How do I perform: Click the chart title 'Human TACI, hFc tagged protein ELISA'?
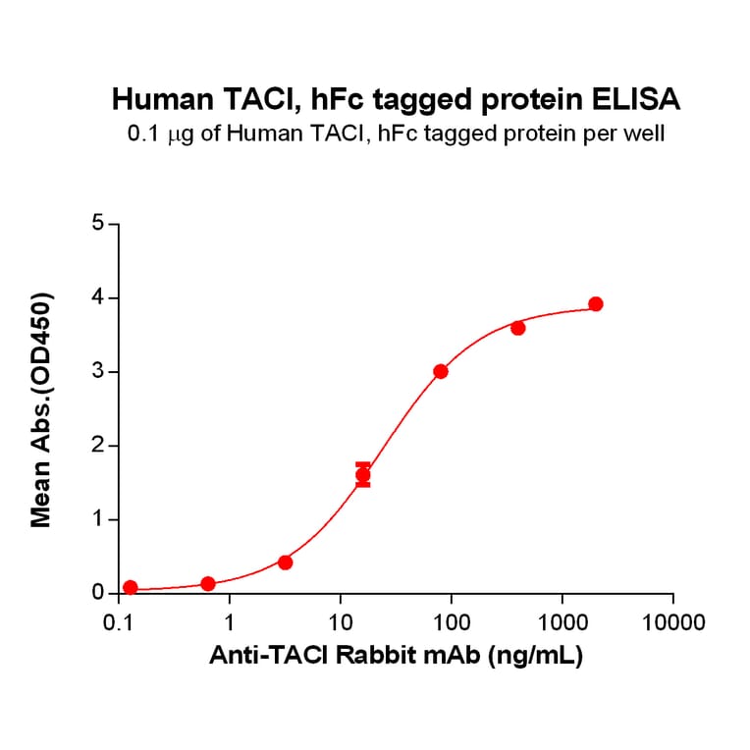point(396,99)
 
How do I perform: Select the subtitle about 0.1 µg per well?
point(396,134)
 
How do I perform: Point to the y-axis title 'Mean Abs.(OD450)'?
point(41,408)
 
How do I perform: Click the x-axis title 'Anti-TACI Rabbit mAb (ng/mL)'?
point(396,657)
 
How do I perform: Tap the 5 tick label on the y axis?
point(98,224)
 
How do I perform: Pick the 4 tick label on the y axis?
point(98,297)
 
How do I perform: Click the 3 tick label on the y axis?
point(98,372)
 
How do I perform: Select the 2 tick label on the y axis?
point(98,446)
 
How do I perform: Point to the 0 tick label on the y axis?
point(98,593)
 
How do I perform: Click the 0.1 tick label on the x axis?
point(119,622)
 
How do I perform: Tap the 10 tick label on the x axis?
point(340,622)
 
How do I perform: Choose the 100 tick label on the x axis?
point(451,622)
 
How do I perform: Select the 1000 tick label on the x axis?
point(562,622)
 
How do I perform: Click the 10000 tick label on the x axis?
point(672,622)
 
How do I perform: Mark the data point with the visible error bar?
point(363,475)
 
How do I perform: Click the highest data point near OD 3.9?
point(595,304)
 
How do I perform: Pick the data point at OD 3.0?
point(441,371)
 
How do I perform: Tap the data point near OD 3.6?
point(518,328)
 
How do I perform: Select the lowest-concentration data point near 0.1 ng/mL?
point(131,587)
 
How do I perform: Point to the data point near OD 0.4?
point(286,562)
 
